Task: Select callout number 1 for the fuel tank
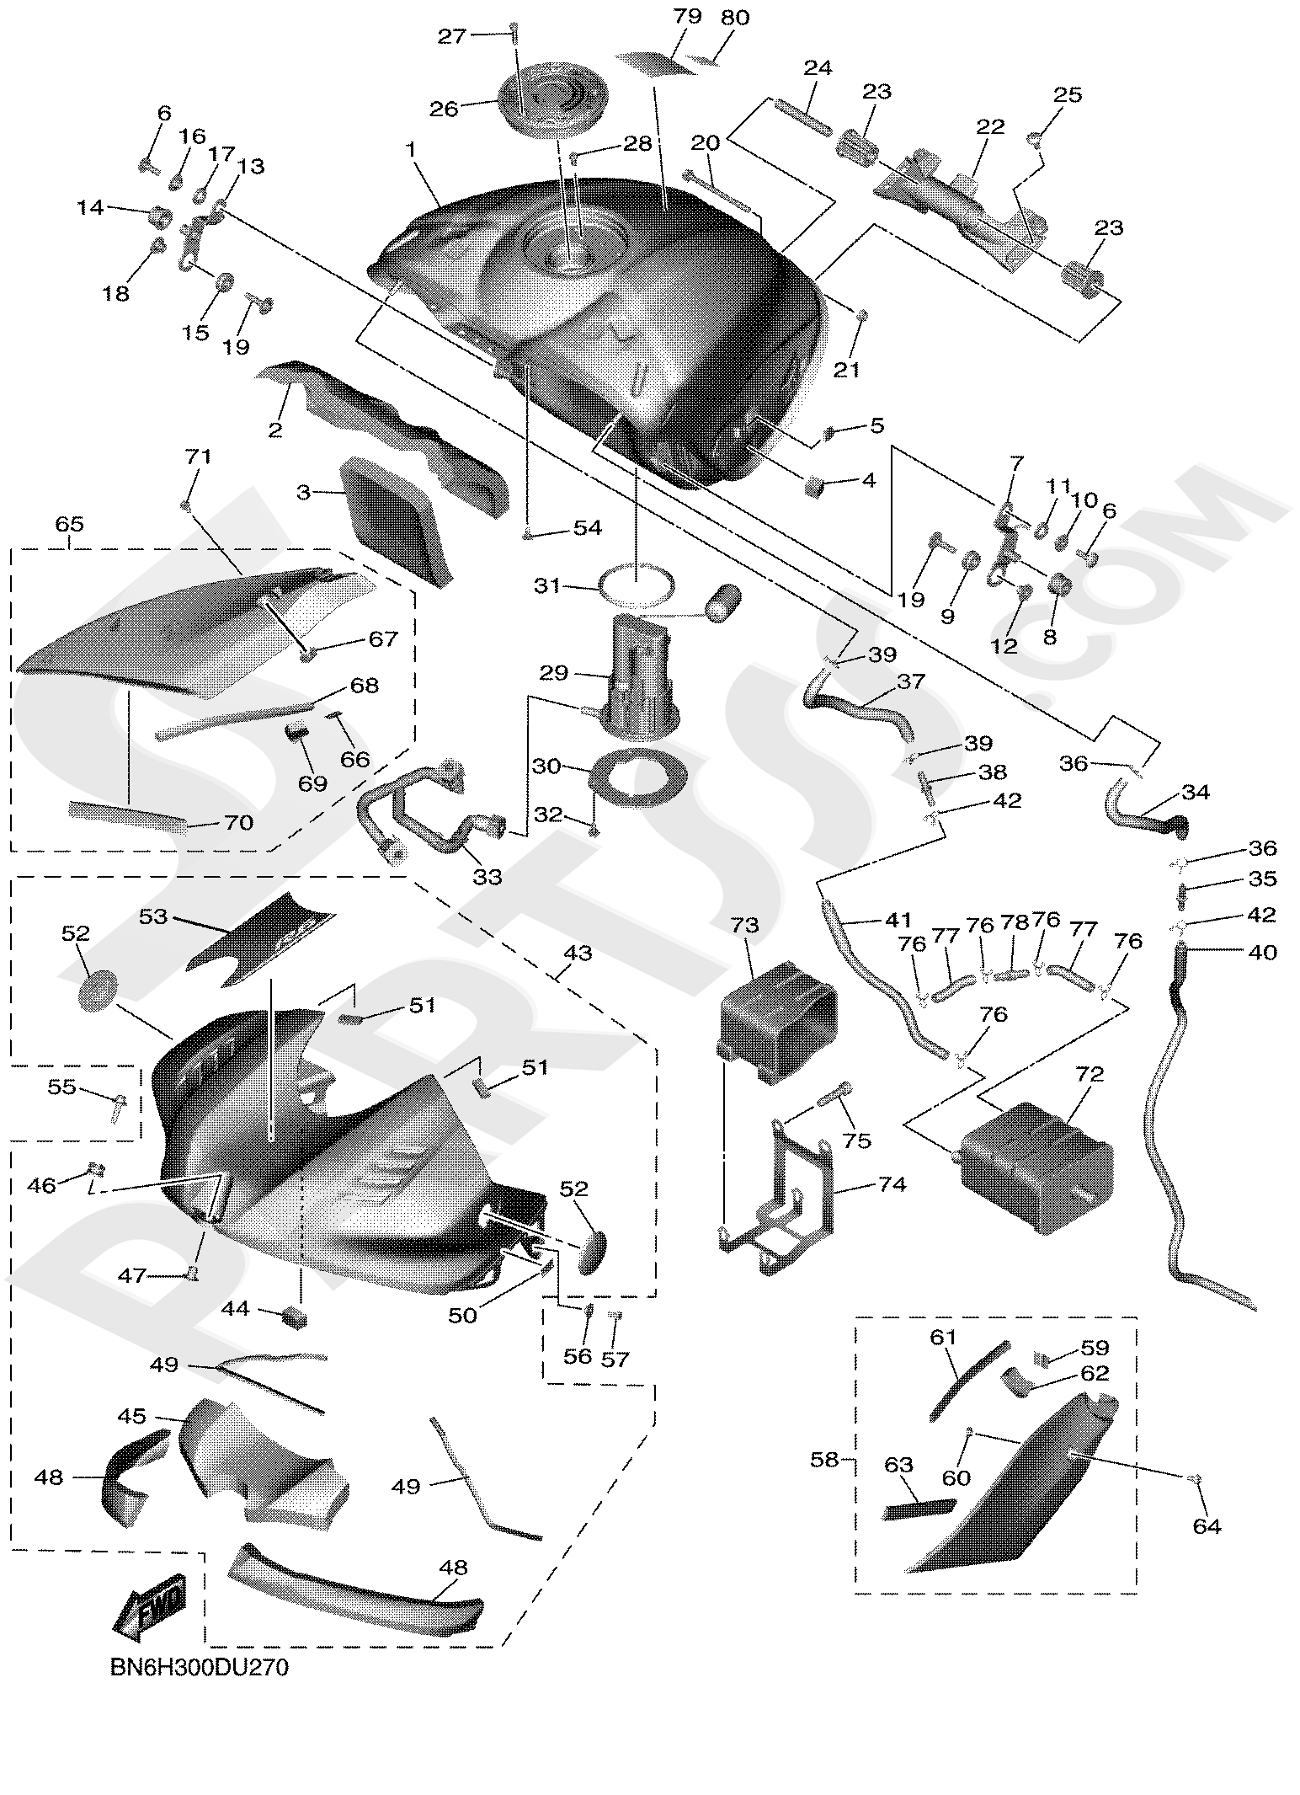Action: pos(411,149)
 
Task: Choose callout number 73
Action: pos(745,926)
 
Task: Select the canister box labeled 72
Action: pos(1034,1165)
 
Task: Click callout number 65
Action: pos(69,524)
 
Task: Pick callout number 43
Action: pos(578,954)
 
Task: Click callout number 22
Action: pos(990,127)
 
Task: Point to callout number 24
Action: pos(818,68)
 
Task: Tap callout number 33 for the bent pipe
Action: pos(487,877)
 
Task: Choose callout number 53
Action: pos(153,916)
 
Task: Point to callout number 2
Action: pos(274,430)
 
